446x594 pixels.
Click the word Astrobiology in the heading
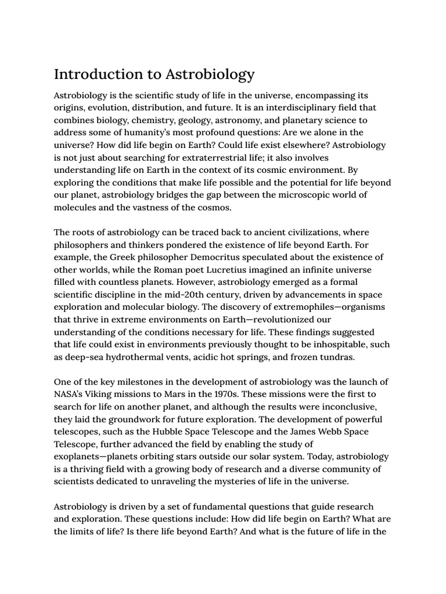[210, 74]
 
